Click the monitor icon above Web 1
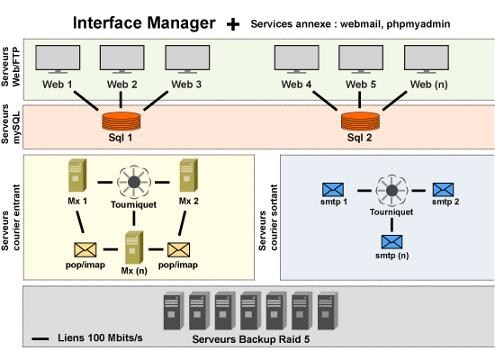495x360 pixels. click(58, 59)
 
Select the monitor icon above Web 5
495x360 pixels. click(361, 59)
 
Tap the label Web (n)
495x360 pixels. click(428, 85)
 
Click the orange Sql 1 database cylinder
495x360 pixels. click(121, 121)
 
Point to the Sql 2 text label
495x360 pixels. click(360, 138)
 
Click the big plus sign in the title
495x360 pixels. click(233, 24)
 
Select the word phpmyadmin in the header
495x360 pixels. click(418, 24)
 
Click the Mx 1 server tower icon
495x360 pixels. click(77, 175)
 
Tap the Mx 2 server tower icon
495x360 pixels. click(189, 175)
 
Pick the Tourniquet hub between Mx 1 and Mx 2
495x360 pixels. click(134, 182)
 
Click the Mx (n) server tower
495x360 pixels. click(134, 247)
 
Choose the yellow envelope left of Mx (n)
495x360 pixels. click(85, 250)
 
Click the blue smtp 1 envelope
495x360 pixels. click(333, 190)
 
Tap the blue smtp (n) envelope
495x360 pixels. click(391, 242)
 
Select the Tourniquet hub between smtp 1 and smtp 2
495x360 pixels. click(391, 191)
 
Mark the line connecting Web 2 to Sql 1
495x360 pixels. click(121, 100)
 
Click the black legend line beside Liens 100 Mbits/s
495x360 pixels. click(40, 338)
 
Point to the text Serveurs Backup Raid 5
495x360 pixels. click(251, 339)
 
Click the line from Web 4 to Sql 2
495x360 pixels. click(325, 101)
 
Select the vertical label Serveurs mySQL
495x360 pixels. click(11, 124)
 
